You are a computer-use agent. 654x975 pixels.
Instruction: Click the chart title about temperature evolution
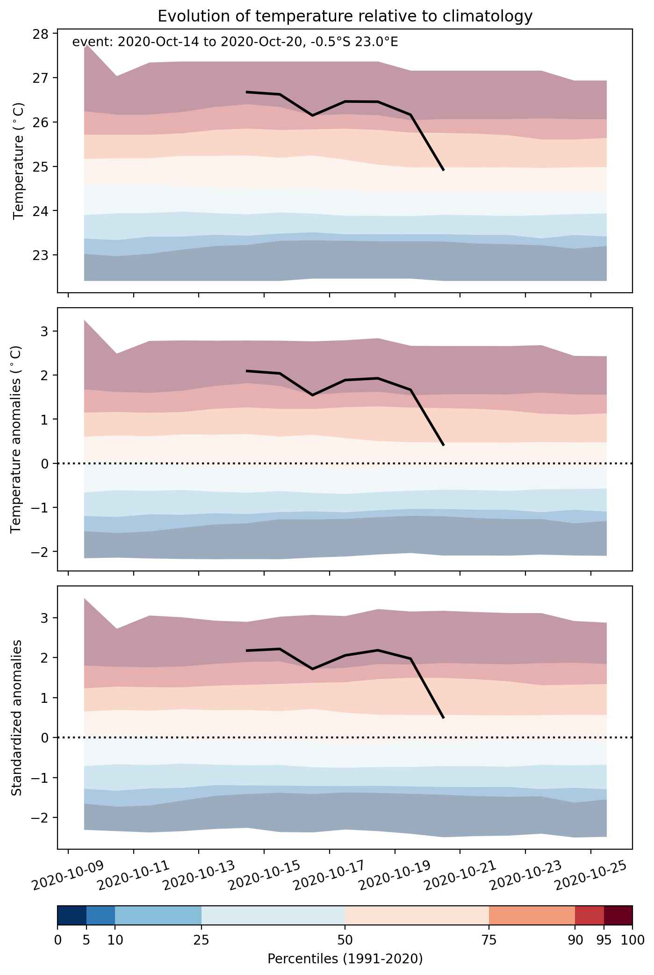(x=345, y=16)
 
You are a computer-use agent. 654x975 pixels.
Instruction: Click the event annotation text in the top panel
(x=235, y=43)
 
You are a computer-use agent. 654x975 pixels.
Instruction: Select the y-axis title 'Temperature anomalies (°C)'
(x=17, y=439)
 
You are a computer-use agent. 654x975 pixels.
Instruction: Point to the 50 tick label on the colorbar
(x=345, y=940)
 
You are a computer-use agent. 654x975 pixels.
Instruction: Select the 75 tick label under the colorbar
(x=489, y=940)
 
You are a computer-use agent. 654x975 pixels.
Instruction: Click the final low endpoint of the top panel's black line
(x=444, y=170)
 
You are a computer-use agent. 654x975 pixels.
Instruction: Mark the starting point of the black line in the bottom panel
(x=246, y=650)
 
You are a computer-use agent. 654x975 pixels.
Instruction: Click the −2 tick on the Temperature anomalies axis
(x=42, y=552)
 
